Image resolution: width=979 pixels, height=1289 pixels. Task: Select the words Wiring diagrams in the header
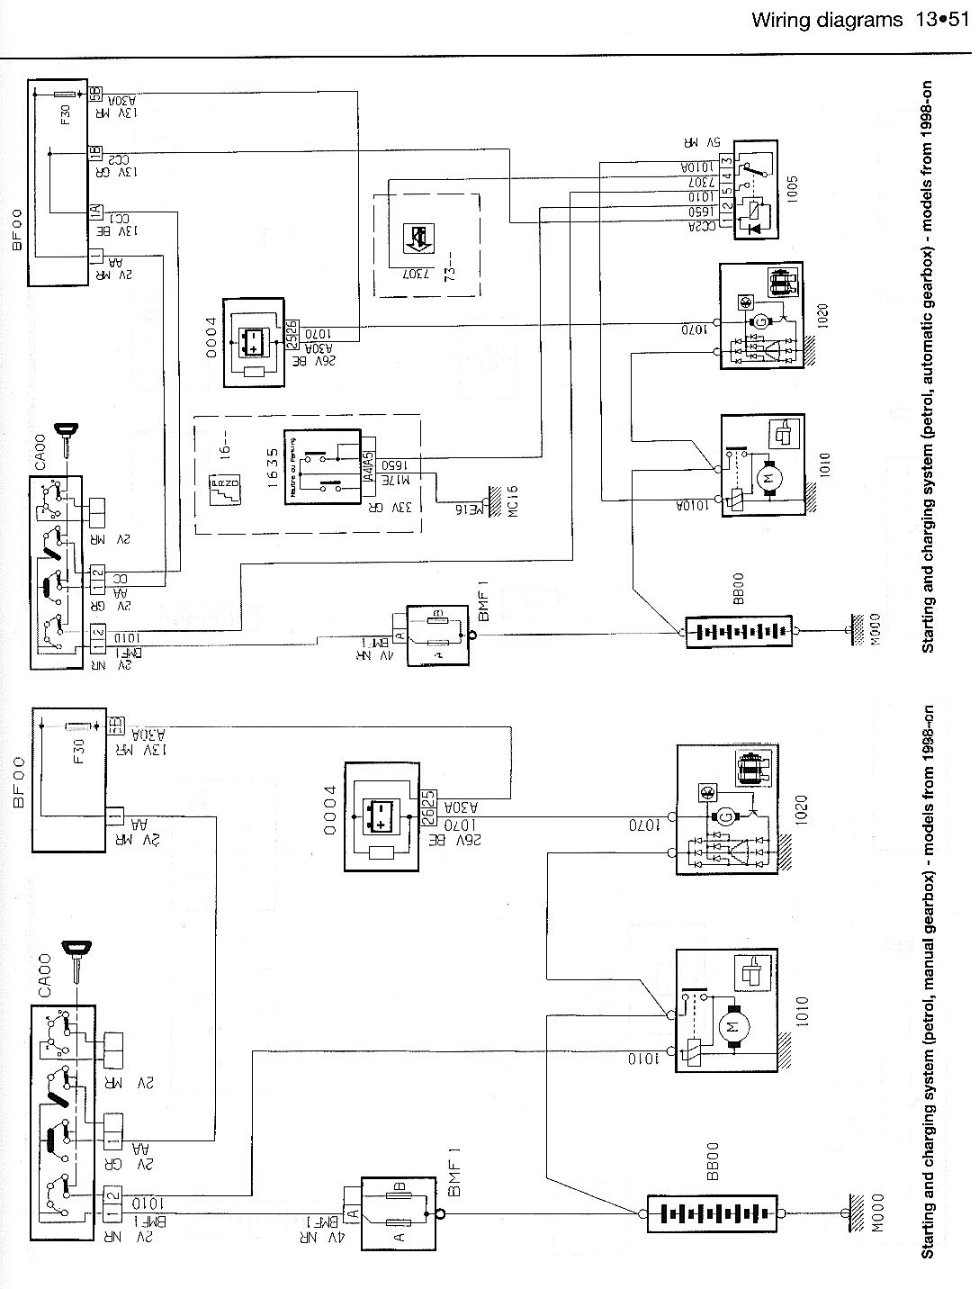pos(825,19)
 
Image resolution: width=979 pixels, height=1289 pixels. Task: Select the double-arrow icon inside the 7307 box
pos(416,238)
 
